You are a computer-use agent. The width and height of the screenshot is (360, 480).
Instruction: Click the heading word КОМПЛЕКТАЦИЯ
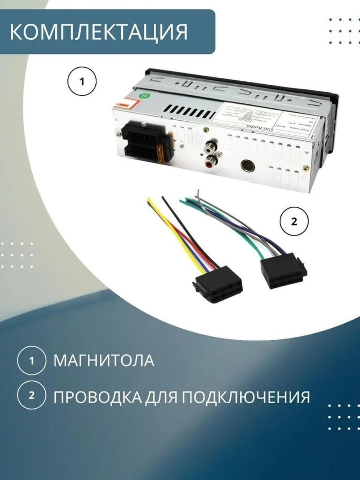tap(99, 32)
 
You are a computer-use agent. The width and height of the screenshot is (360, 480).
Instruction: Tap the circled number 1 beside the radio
tap(82, 82)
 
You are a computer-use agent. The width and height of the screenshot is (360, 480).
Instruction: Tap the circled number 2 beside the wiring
tap(294, 221)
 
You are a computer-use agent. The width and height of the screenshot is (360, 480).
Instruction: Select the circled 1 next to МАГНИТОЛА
tap(32, 360)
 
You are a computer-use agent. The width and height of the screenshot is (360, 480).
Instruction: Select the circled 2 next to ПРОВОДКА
tap(32, 395)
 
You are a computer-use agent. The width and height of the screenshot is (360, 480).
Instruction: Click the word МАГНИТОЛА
tap(104, 361)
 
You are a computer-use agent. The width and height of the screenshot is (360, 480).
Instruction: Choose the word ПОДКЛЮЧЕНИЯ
tap(245, 397)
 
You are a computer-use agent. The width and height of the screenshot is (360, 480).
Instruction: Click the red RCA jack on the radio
tap(210, 163)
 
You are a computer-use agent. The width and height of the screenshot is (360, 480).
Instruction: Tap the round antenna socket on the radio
tap(248, 166)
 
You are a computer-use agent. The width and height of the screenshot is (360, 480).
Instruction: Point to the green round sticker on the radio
tap(143, 96)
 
